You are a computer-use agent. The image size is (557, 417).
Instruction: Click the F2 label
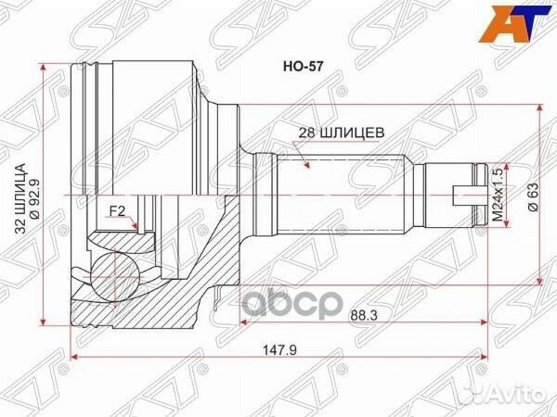click(118, 212)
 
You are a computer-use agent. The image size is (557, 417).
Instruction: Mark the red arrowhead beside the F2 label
click(135, 225)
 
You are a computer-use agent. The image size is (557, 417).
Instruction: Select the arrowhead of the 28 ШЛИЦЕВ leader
click(305, 164)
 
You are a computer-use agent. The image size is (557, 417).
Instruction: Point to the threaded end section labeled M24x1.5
click(450, 196)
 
